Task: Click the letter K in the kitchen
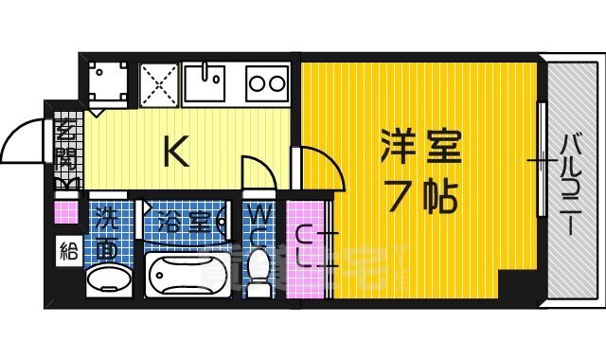175,152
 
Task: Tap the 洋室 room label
420,148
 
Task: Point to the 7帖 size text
421,196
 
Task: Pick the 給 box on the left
66,251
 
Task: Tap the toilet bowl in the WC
258,271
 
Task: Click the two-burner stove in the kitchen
268,83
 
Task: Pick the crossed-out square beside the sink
158,83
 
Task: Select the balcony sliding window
542,161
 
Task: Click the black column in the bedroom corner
517,284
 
